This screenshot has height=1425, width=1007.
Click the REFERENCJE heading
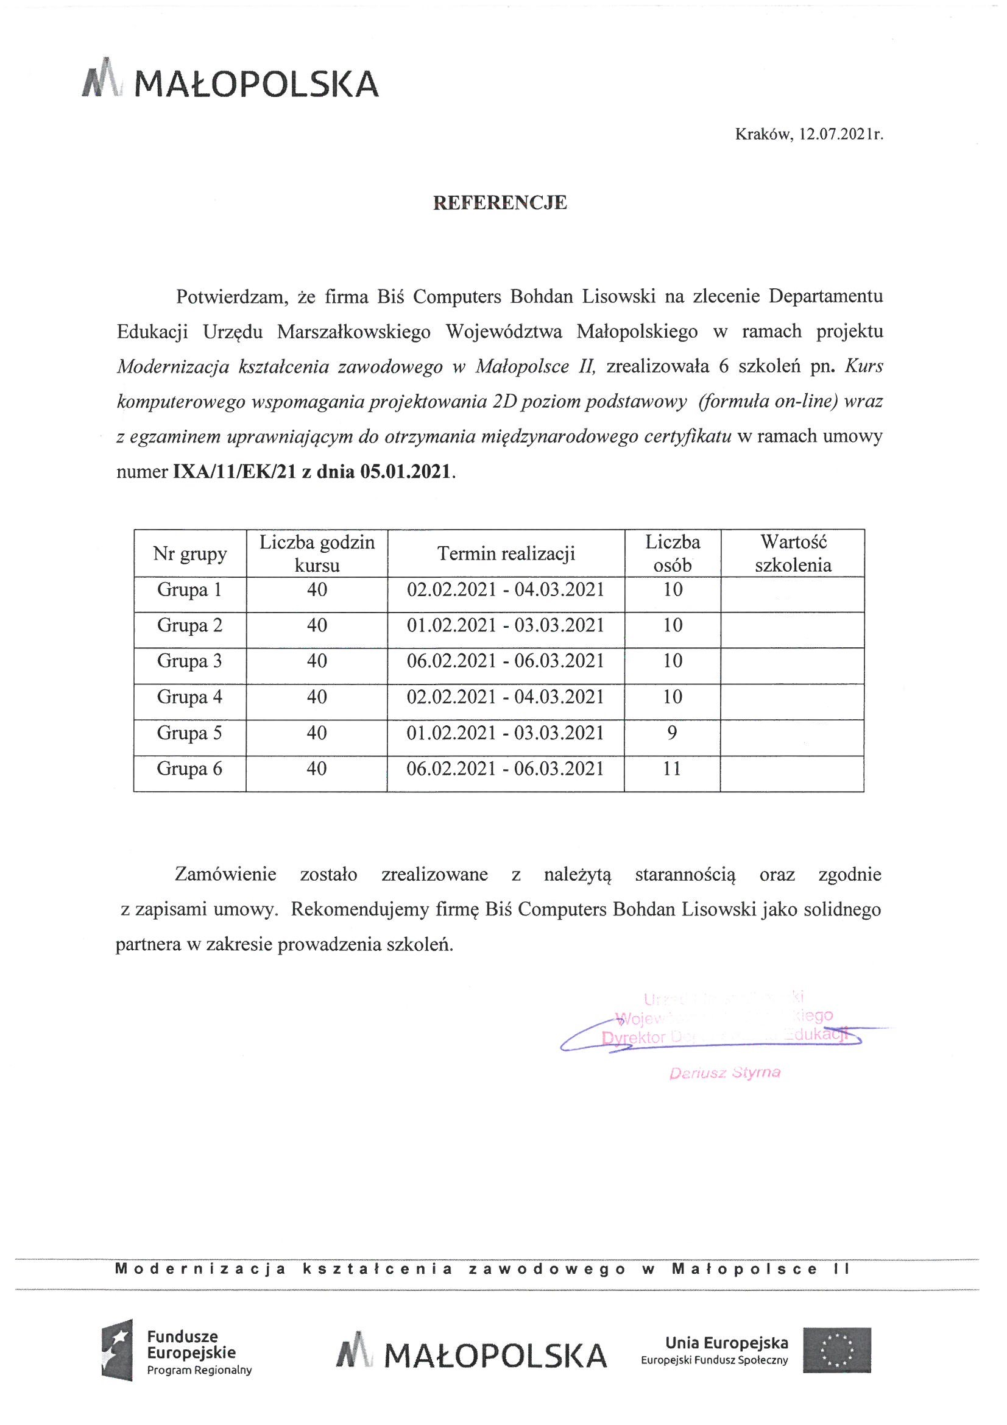[x=500, y=203]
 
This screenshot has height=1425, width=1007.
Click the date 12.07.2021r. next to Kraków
[x=841, y=134]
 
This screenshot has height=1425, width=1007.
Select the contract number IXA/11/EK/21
[x=235, y=472]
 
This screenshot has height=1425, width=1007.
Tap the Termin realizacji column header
[x=506, y=553]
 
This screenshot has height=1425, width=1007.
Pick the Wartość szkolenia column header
[x=793, y=553]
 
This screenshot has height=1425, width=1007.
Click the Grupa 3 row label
[x=189, y=661]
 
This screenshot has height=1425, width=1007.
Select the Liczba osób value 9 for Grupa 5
[x=672, y=733]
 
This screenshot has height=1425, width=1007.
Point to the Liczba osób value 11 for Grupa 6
[x=672, y=769]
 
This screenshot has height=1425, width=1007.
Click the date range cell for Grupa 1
[x=506, y=589]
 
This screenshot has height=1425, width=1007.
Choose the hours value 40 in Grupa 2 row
[x=316, y=625]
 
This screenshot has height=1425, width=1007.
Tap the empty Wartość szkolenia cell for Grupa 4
[x=793, y=697]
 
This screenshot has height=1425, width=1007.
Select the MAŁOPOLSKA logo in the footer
[x=472, y=1355]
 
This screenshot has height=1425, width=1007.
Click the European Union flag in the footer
[x=837, y=1352]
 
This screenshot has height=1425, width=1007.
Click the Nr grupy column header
[x=189, y=553]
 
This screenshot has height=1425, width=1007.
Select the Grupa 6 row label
[x=189, y=769]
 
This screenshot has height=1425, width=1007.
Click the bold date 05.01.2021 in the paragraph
[x=405, y=472]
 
